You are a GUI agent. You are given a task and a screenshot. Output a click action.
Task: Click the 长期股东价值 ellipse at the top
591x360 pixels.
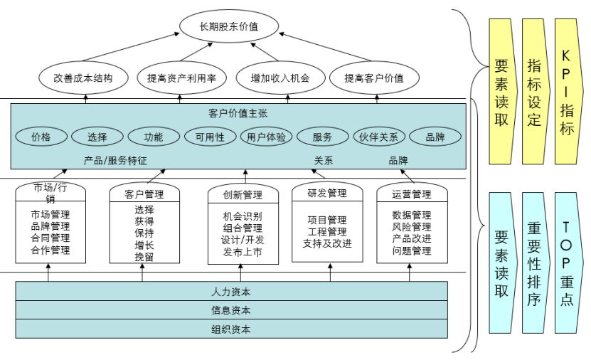228,27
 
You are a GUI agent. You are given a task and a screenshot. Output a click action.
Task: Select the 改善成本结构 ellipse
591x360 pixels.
83,78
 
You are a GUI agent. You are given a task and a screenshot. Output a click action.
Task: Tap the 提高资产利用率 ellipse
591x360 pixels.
181,78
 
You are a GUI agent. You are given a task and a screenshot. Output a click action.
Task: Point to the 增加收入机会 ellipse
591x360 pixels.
280,78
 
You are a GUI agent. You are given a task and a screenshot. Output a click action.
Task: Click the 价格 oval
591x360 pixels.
41,137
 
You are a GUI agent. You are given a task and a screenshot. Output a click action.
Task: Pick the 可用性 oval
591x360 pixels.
210,137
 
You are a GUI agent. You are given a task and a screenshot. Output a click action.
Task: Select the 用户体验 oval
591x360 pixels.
267,137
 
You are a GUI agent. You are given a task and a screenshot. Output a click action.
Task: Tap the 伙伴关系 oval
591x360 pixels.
379,137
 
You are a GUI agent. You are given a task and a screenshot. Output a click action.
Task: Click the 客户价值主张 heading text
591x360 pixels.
238,113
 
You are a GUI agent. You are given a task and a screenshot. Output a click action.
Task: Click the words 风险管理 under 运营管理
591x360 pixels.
411,227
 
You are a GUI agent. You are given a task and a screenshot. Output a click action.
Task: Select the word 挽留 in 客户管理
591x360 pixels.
144,257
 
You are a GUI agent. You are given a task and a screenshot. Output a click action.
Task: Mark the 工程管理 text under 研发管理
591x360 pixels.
327,232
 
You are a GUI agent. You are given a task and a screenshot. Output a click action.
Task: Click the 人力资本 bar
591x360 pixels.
231,292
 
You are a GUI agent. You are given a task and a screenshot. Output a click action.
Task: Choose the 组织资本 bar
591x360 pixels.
231,329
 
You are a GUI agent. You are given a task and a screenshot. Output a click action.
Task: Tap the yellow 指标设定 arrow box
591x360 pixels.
535,92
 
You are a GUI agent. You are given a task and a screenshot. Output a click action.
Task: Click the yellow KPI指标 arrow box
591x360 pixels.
568,92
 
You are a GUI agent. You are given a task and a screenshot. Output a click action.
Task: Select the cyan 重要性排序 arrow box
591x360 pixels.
535,262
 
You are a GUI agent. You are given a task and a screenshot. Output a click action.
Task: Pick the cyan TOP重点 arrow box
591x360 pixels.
568,262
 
